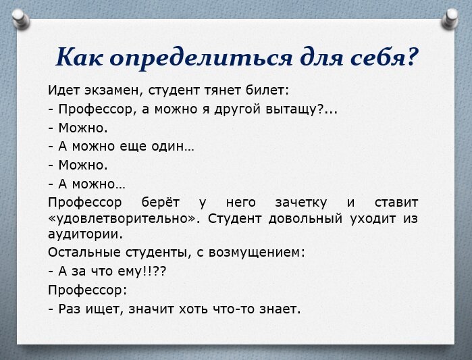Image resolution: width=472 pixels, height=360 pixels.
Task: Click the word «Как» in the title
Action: (79, 57)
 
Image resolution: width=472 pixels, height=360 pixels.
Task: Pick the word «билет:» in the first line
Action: (267, 89)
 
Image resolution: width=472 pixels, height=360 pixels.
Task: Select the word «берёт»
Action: (159, 202)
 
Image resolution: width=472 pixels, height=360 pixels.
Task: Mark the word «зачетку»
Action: (301, 202)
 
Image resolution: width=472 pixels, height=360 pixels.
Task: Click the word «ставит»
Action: (396, 202)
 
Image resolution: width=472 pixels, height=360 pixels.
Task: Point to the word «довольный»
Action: (307, 219)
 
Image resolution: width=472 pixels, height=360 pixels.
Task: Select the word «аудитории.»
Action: (86, 234)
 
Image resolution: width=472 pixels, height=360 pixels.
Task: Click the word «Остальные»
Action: (84, 253)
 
